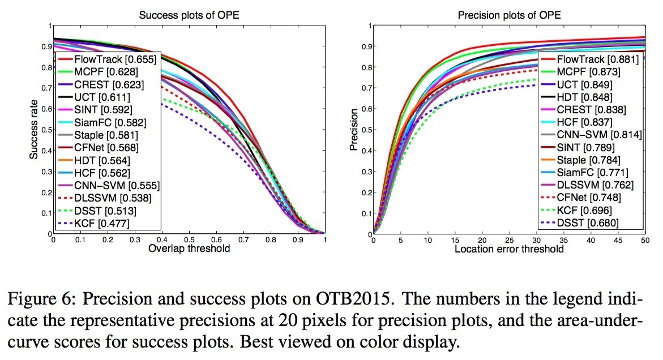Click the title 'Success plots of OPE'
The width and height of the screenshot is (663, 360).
pyautogui.click(x=189, y=15)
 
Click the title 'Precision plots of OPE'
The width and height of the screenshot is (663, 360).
pyautogui.click(x=509, y=15)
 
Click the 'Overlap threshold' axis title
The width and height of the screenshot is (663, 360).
pyautogui.click(x=189, y=249)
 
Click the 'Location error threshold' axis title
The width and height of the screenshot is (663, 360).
pyautogui.click(x=509, y=249)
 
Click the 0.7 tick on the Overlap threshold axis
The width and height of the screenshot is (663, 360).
pyautogui.click(x=243, y=241)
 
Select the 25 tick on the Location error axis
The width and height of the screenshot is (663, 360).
pyautogui.click(x=509, y=241)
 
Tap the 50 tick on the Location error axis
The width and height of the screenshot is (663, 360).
pyautogui.click(x=645, y=241)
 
